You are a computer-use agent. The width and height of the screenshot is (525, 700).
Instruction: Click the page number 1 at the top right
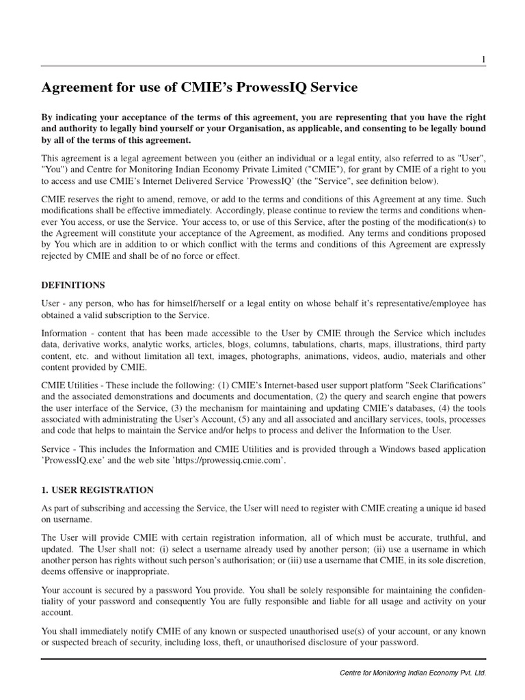483,60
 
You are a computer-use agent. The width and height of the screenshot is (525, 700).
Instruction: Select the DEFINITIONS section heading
74,284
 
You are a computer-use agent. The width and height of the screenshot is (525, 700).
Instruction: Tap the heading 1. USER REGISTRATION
97,490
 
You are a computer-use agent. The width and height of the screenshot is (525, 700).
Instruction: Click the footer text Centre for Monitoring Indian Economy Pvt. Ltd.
413,673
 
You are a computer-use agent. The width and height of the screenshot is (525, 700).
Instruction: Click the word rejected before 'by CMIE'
57,256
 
